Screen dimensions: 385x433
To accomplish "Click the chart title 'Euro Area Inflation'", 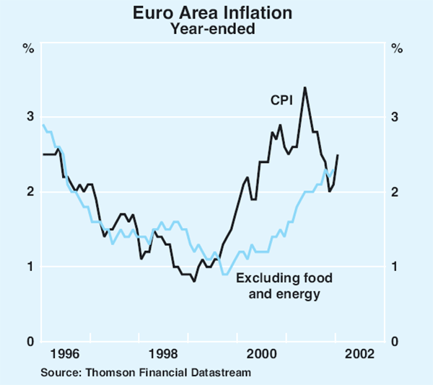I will point(217,13).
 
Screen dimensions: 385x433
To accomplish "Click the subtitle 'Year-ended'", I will point(217,29).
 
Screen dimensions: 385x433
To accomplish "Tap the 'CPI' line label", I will point(281,101).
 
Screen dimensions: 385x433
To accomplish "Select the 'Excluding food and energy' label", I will point(279,286).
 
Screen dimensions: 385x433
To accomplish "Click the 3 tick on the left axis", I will point(29,117).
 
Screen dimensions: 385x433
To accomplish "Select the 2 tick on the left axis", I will point(29,192).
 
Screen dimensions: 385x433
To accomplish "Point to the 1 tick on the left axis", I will point(29,267).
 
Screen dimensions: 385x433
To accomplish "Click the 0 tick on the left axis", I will point(29,342).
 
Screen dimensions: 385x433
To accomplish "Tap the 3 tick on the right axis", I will point(396,117).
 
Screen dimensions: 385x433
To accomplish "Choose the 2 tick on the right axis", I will point(396,192).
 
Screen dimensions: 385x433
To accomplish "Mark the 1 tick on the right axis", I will point(396,267).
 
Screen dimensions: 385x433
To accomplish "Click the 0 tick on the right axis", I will point(396,342).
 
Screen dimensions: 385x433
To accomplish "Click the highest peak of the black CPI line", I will point(305,88).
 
